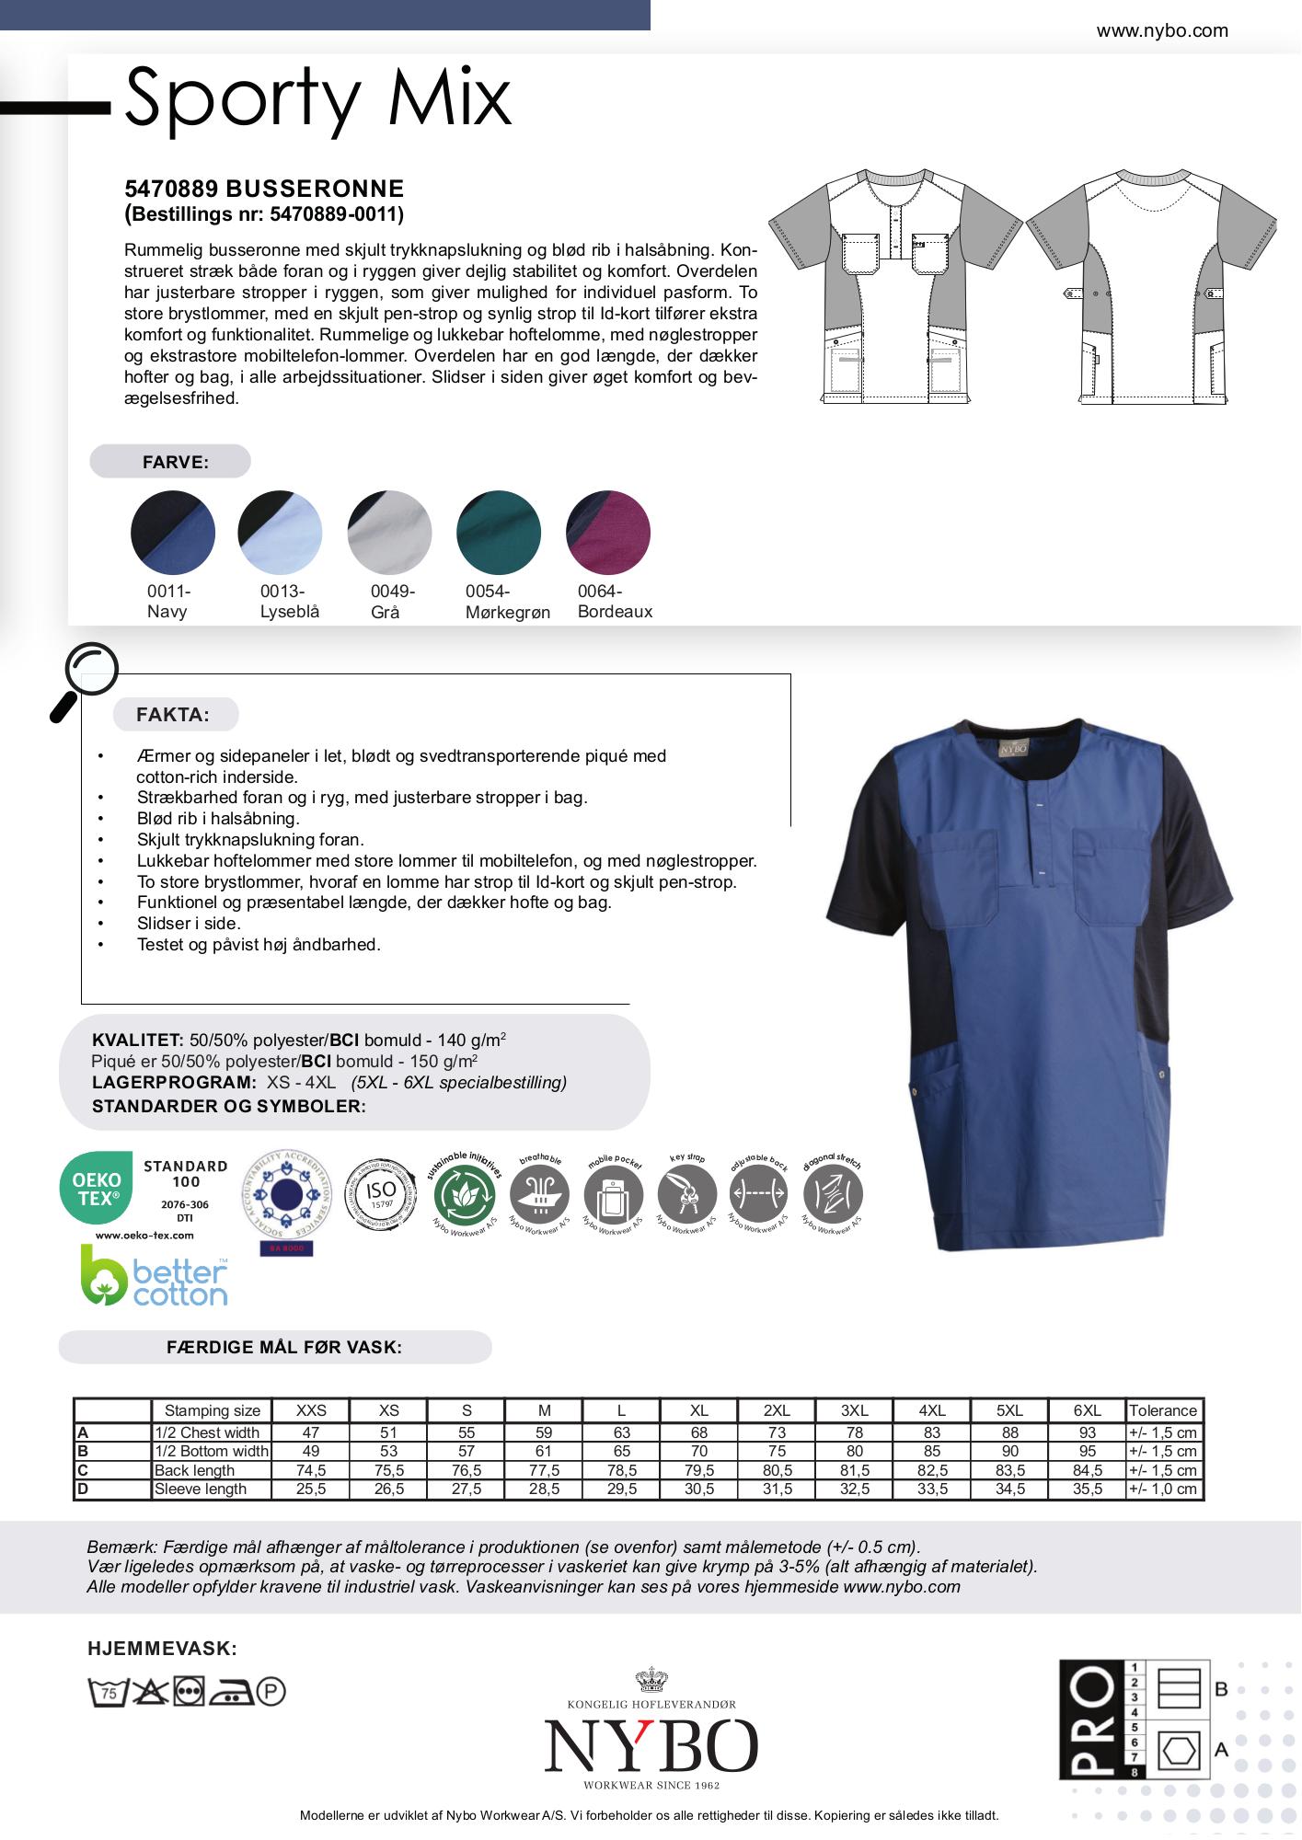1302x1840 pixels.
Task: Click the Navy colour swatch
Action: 173,533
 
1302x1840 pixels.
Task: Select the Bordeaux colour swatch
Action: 608,533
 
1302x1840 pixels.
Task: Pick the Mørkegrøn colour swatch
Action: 499,533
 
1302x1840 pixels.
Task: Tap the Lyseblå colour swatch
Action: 281,533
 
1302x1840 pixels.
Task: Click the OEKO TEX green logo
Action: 97,1188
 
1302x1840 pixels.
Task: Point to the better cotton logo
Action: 155,1276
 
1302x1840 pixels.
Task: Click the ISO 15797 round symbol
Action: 380,1195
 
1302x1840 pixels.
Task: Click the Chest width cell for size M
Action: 544,1432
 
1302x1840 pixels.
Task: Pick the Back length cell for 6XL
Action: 1088,1470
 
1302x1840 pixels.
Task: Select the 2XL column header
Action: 777,1410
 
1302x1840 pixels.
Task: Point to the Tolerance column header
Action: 1163,1410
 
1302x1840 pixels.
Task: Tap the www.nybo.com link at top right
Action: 1162,30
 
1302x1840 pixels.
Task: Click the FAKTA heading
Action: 173,715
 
